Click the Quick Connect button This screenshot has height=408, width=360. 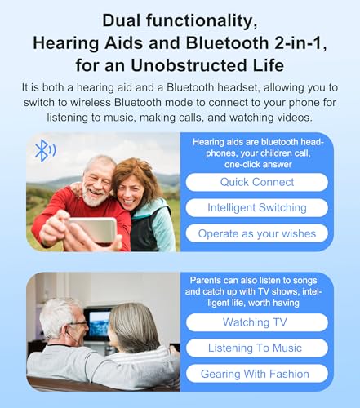click(257, 182)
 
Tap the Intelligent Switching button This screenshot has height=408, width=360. click(257, 207)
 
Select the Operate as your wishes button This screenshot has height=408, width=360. click(257, 233)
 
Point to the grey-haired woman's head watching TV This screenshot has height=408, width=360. click(134, 326)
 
